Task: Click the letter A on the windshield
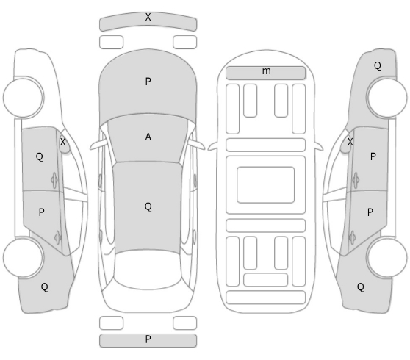click(x=148, y=137)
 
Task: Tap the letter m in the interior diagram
click(x=266, y=71)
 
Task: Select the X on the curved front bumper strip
click(x=148, y=17)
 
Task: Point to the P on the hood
click(x=148, y=82)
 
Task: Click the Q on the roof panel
click(x=148, y=206)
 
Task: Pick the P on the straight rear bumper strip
click(x=148, y=339)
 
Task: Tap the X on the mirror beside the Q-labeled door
click(x=62, y=142)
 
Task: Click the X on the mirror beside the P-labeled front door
click(x=350, y=142)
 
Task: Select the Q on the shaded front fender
click(x=378, y=65)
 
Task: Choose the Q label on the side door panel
click(x=39, y=156)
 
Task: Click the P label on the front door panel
click(x=373, y=156)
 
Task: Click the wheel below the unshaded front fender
click(x=24, y=98)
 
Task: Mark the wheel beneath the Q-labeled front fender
click(x=386, y=98)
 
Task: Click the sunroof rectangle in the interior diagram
click(x=266, y=184)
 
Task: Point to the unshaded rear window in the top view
click(x=147, y=270)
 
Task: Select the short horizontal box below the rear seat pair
click(x=266, y=280)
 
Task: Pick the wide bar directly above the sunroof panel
click(x=266, y=145)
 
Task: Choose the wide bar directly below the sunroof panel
click(x=266, y=226)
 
